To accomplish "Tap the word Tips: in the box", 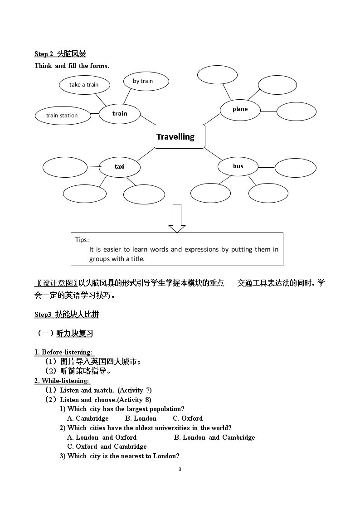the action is [x=82, y=240].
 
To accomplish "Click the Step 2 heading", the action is [x=60, y=54].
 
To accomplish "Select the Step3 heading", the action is [x=67, y=314].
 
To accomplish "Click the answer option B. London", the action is [x=141, y=418].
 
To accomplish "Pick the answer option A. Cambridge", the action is [x=88, y=418].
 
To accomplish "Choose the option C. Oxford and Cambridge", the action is [x=107, y=446].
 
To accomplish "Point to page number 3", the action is [x=180, y=469].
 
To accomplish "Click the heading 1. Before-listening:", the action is [x=63, y=352].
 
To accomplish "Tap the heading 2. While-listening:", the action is [x=62, y=381].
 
